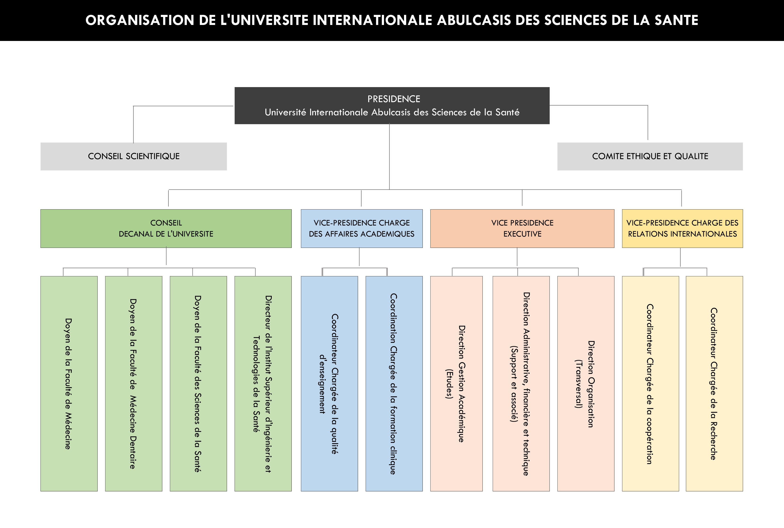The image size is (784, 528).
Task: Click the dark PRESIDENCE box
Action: [x=392, y=106]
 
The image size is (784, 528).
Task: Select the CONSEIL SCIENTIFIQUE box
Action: [x=134, y=156]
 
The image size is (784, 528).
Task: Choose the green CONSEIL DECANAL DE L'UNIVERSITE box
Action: [x=166, y=229]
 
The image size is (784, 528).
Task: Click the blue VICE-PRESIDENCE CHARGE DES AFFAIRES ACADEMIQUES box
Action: [x=362, y=229]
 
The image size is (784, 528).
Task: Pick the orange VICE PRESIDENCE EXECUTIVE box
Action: [x=522, y=229]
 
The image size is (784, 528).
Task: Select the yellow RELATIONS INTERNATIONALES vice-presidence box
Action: [x=682, y=229]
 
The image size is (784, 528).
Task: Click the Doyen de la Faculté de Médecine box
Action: [x=69, y=383]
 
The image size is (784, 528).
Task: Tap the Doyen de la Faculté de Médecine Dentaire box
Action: [x=134, y=383]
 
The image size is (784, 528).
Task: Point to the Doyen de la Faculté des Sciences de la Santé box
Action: [x=198, y=383]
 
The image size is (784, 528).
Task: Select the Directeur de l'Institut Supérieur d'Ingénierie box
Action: [x=263, y=383]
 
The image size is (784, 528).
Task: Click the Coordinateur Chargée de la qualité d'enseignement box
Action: [x=329, y=383]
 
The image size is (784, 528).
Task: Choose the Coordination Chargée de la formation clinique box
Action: [x=394, y=383]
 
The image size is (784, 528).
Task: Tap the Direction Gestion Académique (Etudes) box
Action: [x=456, y=383]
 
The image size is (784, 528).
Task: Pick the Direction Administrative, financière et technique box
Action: [x=521, y=383]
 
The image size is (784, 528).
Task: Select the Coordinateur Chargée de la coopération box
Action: [x=650, y=383]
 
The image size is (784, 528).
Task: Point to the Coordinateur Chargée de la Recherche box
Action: [x=714, y=383]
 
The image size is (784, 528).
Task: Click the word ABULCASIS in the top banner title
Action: [x=474, y=20]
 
